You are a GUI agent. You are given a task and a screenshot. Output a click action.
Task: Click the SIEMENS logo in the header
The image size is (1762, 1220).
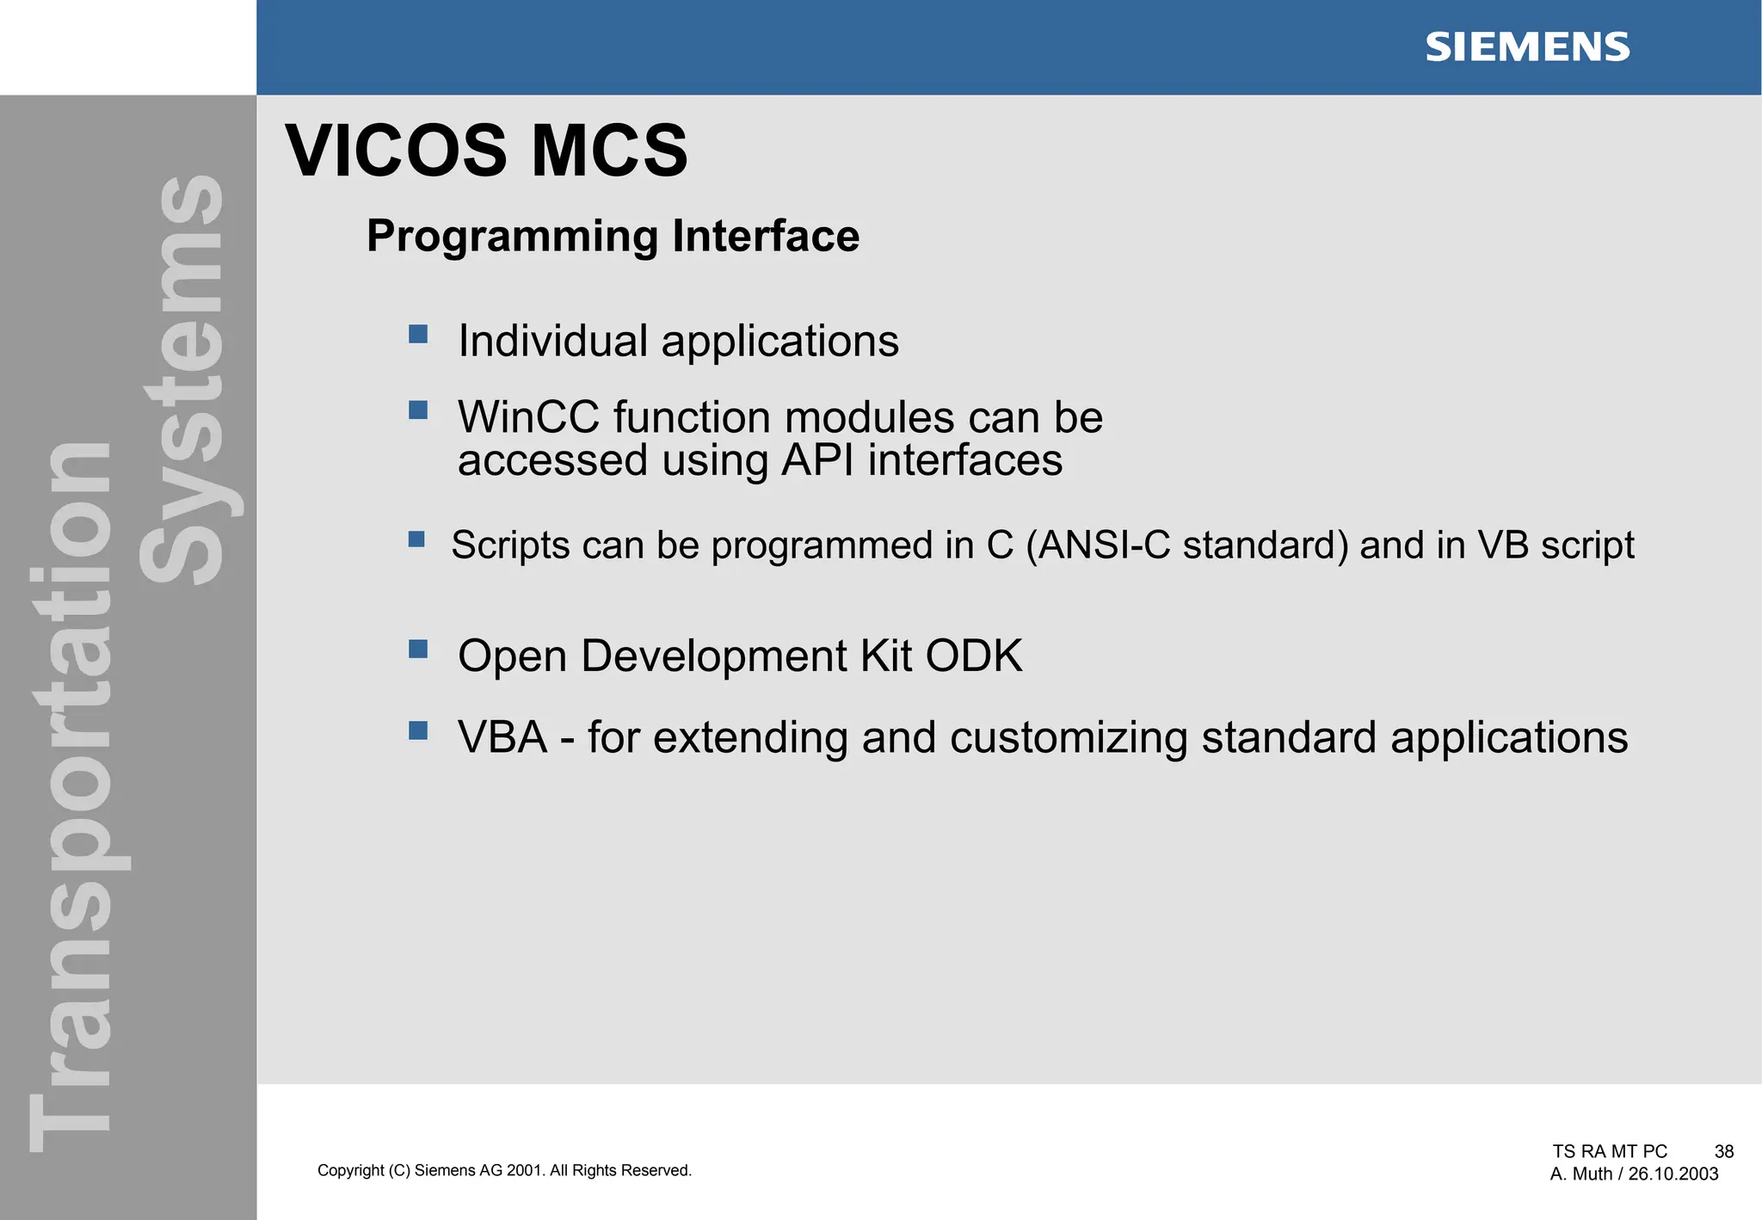(1527, 47)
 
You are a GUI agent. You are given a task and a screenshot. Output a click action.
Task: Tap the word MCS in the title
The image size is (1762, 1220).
(609, 151)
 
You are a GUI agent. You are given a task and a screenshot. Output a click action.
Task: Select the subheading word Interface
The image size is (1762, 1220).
(765, 236)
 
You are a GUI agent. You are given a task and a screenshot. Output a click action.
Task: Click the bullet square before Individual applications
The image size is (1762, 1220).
(418, 334)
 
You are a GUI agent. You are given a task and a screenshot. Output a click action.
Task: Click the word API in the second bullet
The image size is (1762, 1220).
(818, 459)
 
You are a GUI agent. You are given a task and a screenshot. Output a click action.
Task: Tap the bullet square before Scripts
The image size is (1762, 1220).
(416, 539)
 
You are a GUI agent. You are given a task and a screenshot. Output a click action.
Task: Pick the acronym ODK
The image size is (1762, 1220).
(974, 656)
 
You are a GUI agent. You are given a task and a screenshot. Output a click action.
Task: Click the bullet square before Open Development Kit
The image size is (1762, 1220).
(418, 649)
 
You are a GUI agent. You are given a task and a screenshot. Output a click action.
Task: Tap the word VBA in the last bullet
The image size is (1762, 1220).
(502, 737)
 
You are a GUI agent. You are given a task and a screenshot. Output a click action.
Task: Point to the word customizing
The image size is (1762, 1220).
(1068, 738)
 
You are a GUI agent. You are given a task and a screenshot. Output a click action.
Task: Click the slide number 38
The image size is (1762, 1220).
(1723, 1152)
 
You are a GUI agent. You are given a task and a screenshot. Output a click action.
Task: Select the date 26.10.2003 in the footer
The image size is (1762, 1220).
(1673, 1174)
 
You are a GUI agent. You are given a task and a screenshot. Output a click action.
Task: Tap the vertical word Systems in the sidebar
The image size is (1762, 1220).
(182, 379)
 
